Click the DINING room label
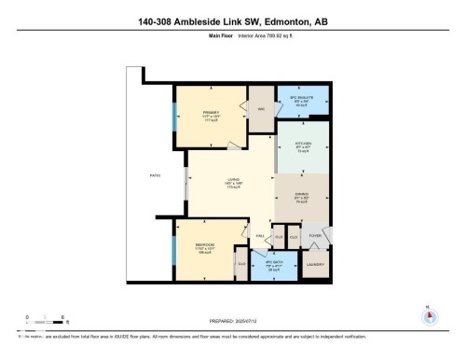[302, 195]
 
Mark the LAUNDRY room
[314, 265]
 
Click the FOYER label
[314, 236]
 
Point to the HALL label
[260, 236]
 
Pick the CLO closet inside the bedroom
[240, 268]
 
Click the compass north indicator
[429, 315]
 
